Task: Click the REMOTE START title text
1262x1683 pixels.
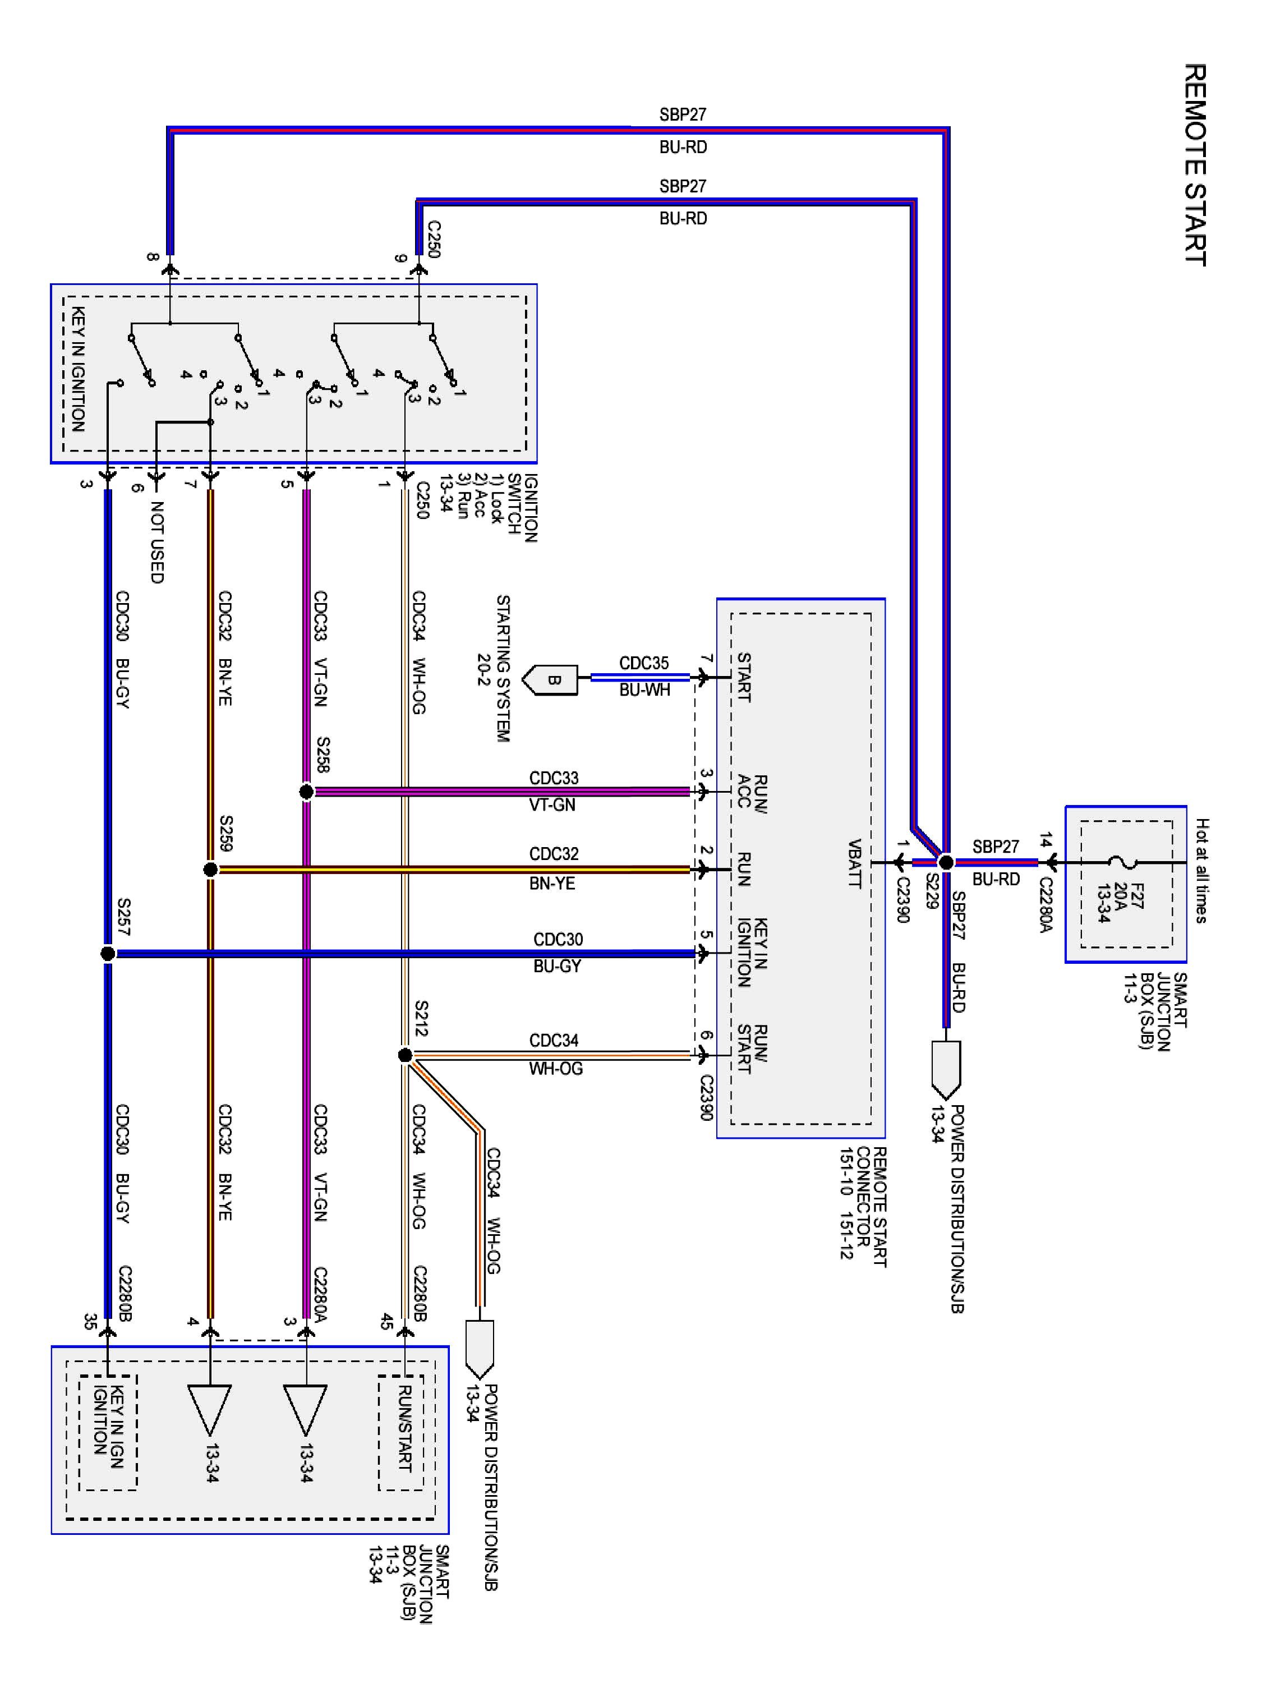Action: (1194, 164)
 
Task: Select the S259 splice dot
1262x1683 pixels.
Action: (211, 870)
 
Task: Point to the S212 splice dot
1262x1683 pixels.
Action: (405, 1055)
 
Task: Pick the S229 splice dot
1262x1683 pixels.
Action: (946, 862)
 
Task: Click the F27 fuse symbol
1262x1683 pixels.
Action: (1122, 862)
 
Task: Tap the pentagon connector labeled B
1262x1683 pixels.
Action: (551, 679)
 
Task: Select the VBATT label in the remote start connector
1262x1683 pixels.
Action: (854, 863)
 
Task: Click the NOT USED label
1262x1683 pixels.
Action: (156, 542)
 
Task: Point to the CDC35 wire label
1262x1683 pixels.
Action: (643, 663)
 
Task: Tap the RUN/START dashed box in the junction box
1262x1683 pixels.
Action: (402, 1433)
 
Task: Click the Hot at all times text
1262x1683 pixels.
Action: (1201, 871)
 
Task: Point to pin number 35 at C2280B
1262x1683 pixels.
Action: (90, 1322)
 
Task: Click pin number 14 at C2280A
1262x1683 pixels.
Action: (1046, 840)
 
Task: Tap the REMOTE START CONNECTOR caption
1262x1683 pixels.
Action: (871, 1206)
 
